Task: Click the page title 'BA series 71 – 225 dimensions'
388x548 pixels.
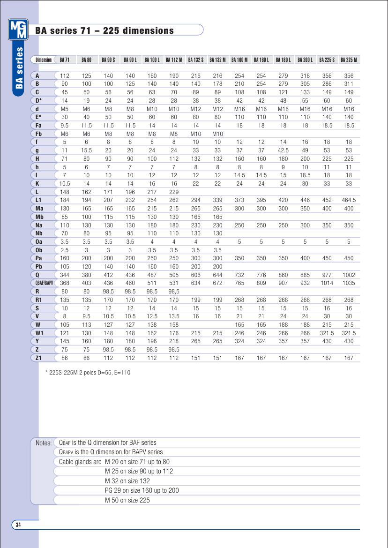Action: coord(104,31)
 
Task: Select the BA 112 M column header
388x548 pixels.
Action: coord(174,60)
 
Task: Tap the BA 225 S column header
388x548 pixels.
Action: coord(327,60)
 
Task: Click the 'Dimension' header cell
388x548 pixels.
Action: coord(44,60)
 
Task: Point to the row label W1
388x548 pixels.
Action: coord(40,333)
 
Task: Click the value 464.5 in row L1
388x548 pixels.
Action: coord(348,200)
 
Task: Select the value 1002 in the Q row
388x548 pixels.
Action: coord(348,275)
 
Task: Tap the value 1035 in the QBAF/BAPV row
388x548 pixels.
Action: coord(348,283)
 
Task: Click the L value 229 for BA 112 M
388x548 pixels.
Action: coord(174,192)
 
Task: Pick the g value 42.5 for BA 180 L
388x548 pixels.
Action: coord(283,150)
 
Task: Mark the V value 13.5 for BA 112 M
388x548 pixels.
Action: coord(174,316)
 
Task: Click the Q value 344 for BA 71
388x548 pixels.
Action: coord(65,275)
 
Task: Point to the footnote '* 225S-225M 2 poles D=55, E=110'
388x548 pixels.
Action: coord(88,373)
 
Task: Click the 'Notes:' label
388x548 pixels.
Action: coord(44,443)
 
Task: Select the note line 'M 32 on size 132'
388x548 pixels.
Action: coord(127,481)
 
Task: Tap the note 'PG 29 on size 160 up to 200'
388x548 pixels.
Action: coord(142,490)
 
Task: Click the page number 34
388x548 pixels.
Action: coord(18,525)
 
